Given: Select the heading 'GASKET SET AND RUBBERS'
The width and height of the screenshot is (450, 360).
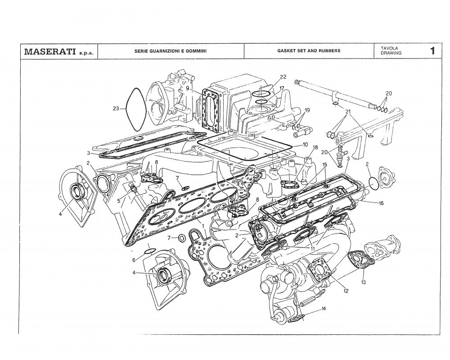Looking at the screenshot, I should (309, 51).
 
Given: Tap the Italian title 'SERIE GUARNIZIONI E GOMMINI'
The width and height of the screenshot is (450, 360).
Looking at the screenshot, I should (171, 51).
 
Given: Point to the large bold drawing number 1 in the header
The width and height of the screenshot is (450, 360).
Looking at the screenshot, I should (432, 51).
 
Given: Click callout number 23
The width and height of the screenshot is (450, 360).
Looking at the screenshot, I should (116, 108).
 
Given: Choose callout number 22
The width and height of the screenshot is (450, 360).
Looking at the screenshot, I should (283, 77).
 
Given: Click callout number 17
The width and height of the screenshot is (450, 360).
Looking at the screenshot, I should (282, 89).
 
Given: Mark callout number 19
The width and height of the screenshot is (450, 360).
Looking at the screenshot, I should (307, 110).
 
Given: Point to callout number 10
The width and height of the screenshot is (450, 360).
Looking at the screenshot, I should (305, 145).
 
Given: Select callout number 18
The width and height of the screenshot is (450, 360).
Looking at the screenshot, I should (315, 148).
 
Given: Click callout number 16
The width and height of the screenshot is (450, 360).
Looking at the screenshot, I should (381, 203).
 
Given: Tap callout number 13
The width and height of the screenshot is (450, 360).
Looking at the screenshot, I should (363, 283).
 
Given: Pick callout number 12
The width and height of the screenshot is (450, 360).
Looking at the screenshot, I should (346, 291).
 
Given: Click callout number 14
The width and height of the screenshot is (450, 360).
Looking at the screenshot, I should (324, 309).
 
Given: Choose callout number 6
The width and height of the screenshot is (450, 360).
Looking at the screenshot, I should (134, 260).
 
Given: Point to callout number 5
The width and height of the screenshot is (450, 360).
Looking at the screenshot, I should (119, 201).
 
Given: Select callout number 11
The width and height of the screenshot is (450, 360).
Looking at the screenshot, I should (312, 248).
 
